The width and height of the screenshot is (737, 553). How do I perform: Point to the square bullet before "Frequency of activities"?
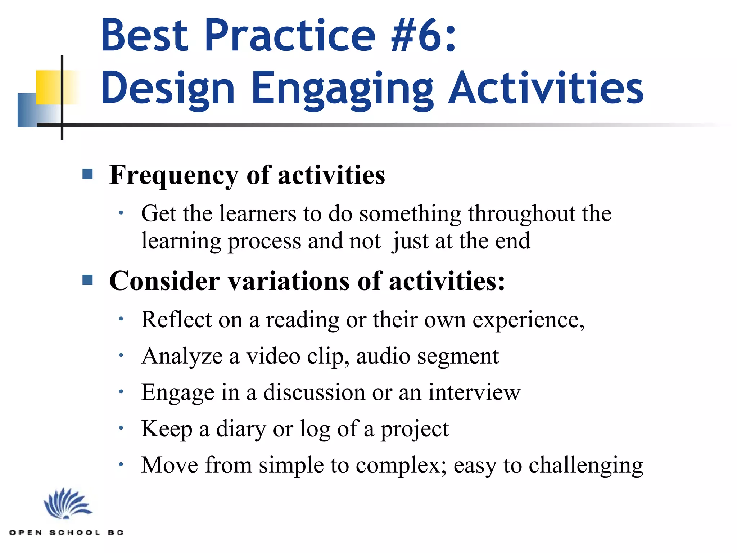coord(87,174)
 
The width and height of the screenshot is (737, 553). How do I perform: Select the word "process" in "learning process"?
coord(264,242)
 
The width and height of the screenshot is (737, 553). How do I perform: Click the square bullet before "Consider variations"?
coord(87,280)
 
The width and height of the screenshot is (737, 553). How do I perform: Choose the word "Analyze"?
coord(182,356)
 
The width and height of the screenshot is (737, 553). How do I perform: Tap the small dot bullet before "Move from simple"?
coord(121,464)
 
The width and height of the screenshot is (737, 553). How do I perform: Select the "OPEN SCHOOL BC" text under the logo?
coord(67,532)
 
